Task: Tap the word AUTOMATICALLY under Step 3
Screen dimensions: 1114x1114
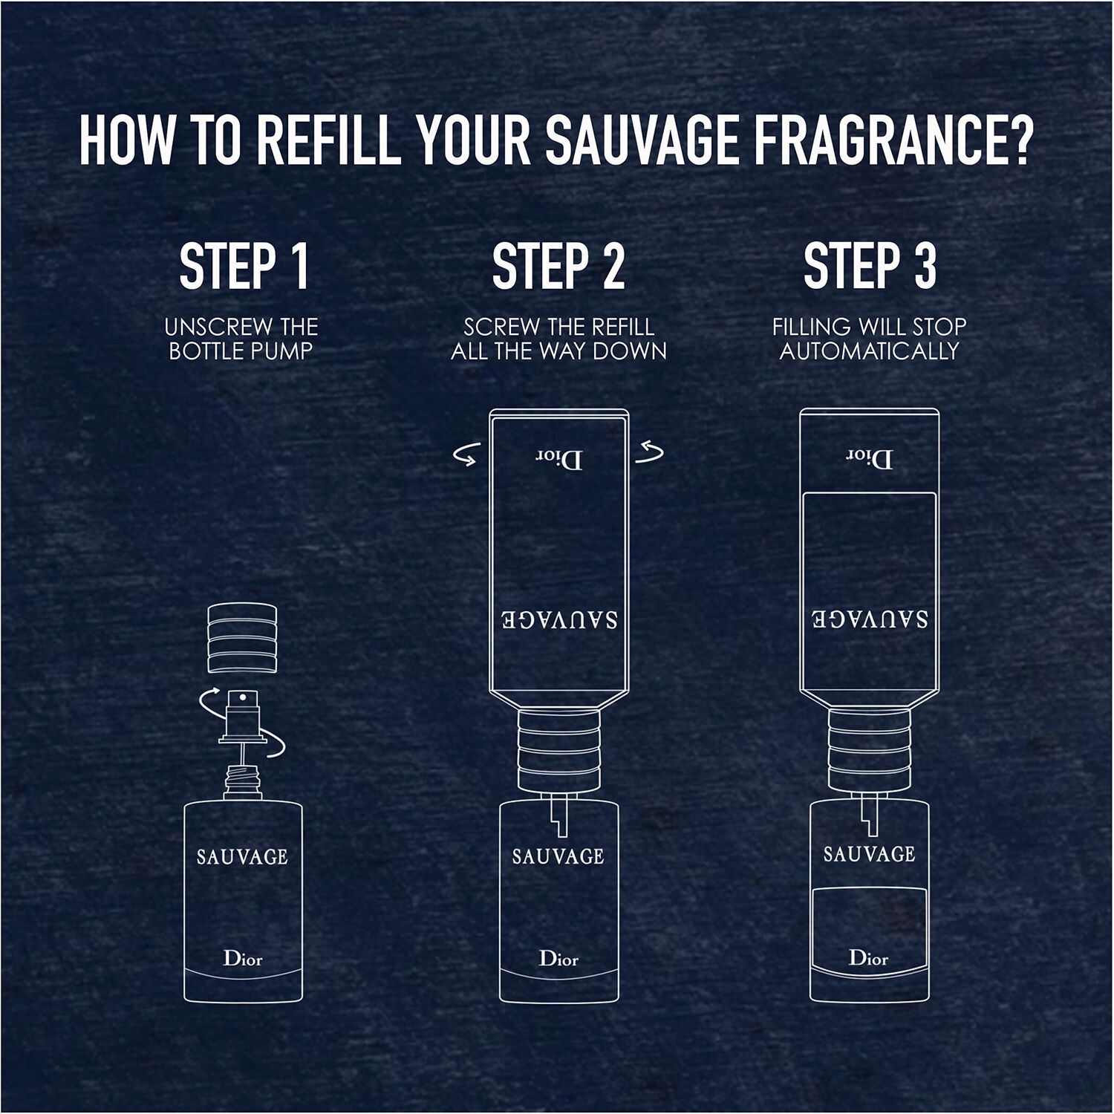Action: pyautogui.click(x=870, y=351)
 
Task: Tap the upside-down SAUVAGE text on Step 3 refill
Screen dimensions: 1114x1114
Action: pyautogui.click(x=869, y=619)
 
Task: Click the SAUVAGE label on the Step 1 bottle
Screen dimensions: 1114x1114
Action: pyautogui.click(x=242, y=857)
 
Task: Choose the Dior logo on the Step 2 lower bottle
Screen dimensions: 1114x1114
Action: pyautogui.click(x=558, y=959)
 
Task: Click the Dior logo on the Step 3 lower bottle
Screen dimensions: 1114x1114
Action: pyautogui.click(x=869, y=958)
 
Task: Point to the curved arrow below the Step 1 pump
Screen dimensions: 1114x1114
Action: pyautogui.click(x=272, y=746)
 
